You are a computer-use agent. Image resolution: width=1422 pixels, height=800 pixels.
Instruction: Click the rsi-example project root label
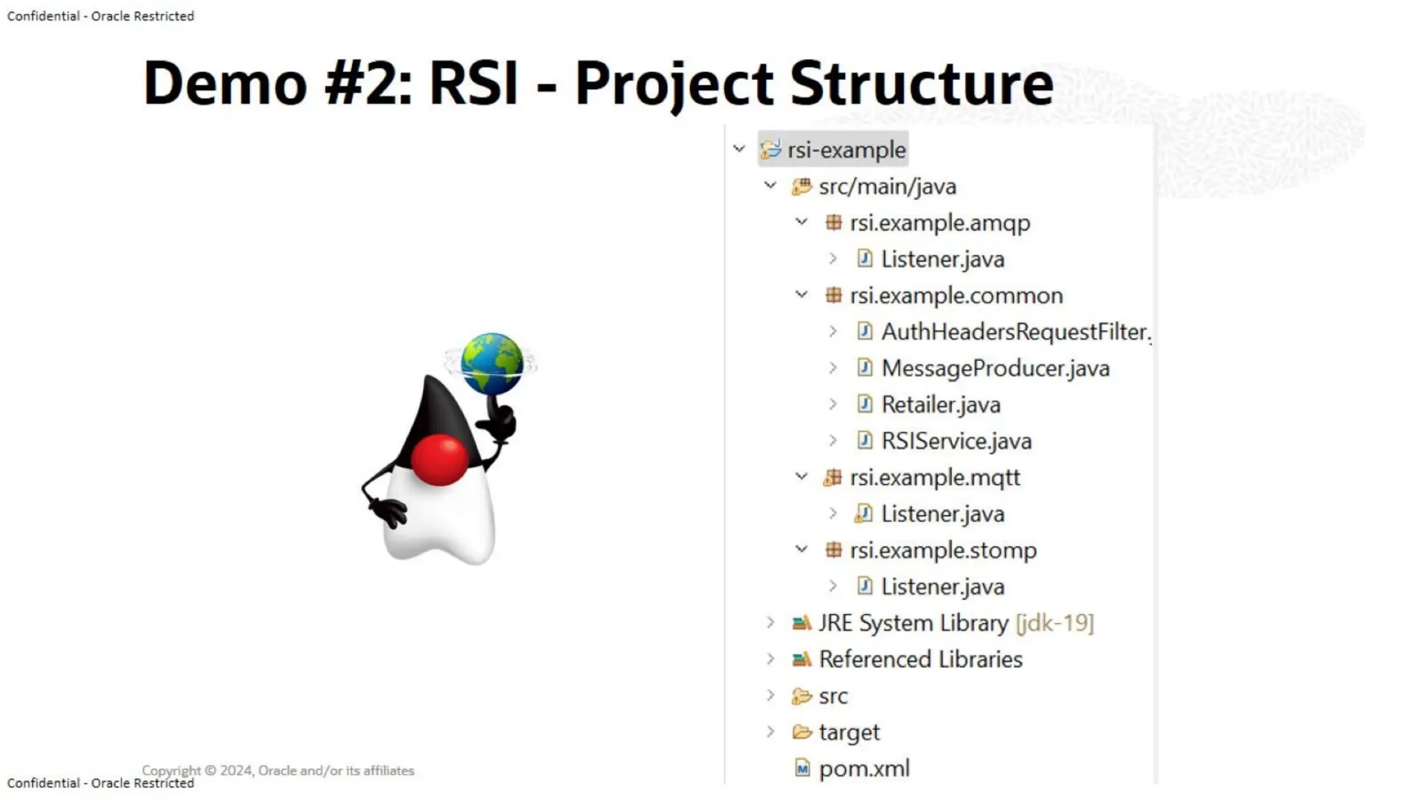[x=846, y=150]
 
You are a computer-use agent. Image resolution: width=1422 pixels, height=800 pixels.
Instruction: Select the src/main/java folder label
[x=887, y=187]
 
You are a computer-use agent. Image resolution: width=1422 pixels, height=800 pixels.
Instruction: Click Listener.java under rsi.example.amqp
[x=942, y=260]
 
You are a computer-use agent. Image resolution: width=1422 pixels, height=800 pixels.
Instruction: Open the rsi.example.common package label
[x=955, y=296]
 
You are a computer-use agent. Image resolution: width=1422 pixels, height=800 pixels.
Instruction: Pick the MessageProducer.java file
[x=995, y=369]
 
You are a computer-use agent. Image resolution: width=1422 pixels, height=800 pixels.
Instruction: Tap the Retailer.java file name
[x=940, y=405]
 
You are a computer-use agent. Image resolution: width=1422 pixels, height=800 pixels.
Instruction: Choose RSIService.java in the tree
[x=956, y=442]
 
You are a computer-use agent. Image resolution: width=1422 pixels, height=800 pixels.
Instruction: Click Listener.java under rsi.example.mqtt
[x=942, y=515]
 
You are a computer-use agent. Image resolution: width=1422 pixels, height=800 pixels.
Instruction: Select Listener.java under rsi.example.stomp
[x=942, y=587]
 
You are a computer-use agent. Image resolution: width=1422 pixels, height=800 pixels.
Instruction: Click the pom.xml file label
[x=864, y=769]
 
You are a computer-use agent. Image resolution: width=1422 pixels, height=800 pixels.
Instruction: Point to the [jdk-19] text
[x=1054, y=623]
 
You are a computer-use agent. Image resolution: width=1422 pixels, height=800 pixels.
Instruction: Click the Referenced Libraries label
[x=920, y=660]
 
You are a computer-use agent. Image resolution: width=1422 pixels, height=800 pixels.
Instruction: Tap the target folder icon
[x=802, y=732]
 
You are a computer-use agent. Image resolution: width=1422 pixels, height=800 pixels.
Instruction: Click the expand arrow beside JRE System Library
[x=770, y=623]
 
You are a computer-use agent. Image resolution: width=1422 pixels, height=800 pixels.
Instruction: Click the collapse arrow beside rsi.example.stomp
[x=801, y=550]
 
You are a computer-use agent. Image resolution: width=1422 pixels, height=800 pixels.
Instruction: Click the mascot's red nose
[x=439, y=460]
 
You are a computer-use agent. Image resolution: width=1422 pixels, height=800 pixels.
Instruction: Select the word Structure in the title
[x=921, y=83]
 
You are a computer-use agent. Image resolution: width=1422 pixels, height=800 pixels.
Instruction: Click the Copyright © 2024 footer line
[x=278, y=770]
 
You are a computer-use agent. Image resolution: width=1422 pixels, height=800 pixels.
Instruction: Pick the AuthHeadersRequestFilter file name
[x=1015, y=332]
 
